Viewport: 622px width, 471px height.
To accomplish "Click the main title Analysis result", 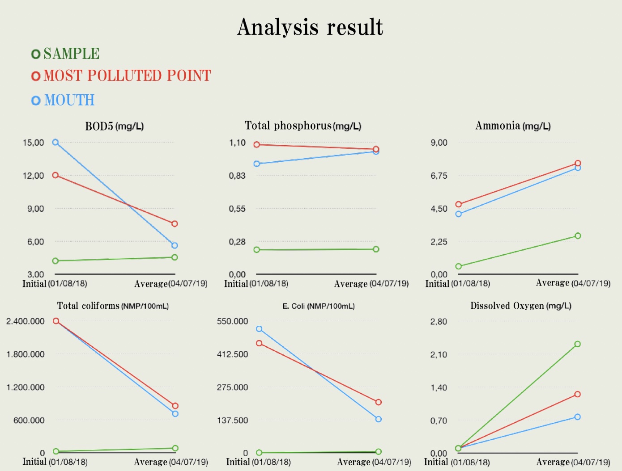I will (x=310, y=27).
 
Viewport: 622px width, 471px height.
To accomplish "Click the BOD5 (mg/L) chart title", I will (x=115, y=126).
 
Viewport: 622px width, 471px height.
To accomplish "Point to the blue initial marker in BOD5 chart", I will (x=55, y=142).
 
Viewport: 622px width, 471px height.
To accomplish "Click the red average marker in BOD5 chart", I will (x=175, y=223).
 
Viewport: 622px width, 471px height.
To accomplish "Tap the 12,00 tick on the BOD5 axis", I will (x=34, y=176).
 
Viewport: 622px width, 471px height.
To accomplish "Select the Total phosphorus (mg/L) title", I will (x=303, y=126).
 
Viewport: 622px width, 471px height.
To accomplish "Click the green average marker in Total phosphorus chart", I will (x=376, y=249).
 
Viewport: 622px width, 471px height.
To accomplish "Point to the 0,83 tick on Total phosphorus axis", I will (x=237, y=176).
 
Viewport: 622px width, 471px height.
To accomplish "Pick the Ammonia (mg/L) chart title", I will (x=513, y=126).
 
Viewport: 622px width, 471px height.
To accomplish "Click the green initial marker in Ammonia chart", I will (x=458, y=266).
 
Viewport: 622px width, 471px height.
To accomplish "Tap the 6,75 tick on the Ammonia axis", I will (x=439, y=176).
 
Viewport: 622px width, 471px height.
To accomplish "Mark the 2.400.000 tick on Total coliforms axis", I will (x=26, y=321).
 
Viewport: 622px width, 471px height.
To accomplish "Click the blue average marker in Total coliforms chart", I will (x=175, y=414).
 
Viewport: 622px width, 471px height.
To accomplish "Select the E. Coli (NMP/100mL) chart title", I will (x=319, y=306).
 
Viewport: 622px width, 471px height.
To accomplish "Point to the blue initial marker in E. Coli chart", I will (x=259, y=329).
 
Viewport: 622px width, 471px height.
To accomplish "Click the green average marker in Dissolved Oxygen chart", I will (x=577, y=344).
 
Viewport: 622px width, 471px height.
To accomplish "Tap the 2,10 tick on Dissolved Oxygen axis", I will (x=439, y=354).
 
